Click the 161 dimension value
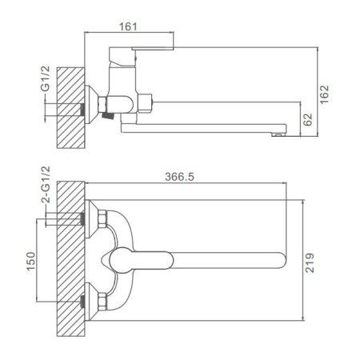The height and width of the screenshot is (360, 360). coord(128,26)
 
